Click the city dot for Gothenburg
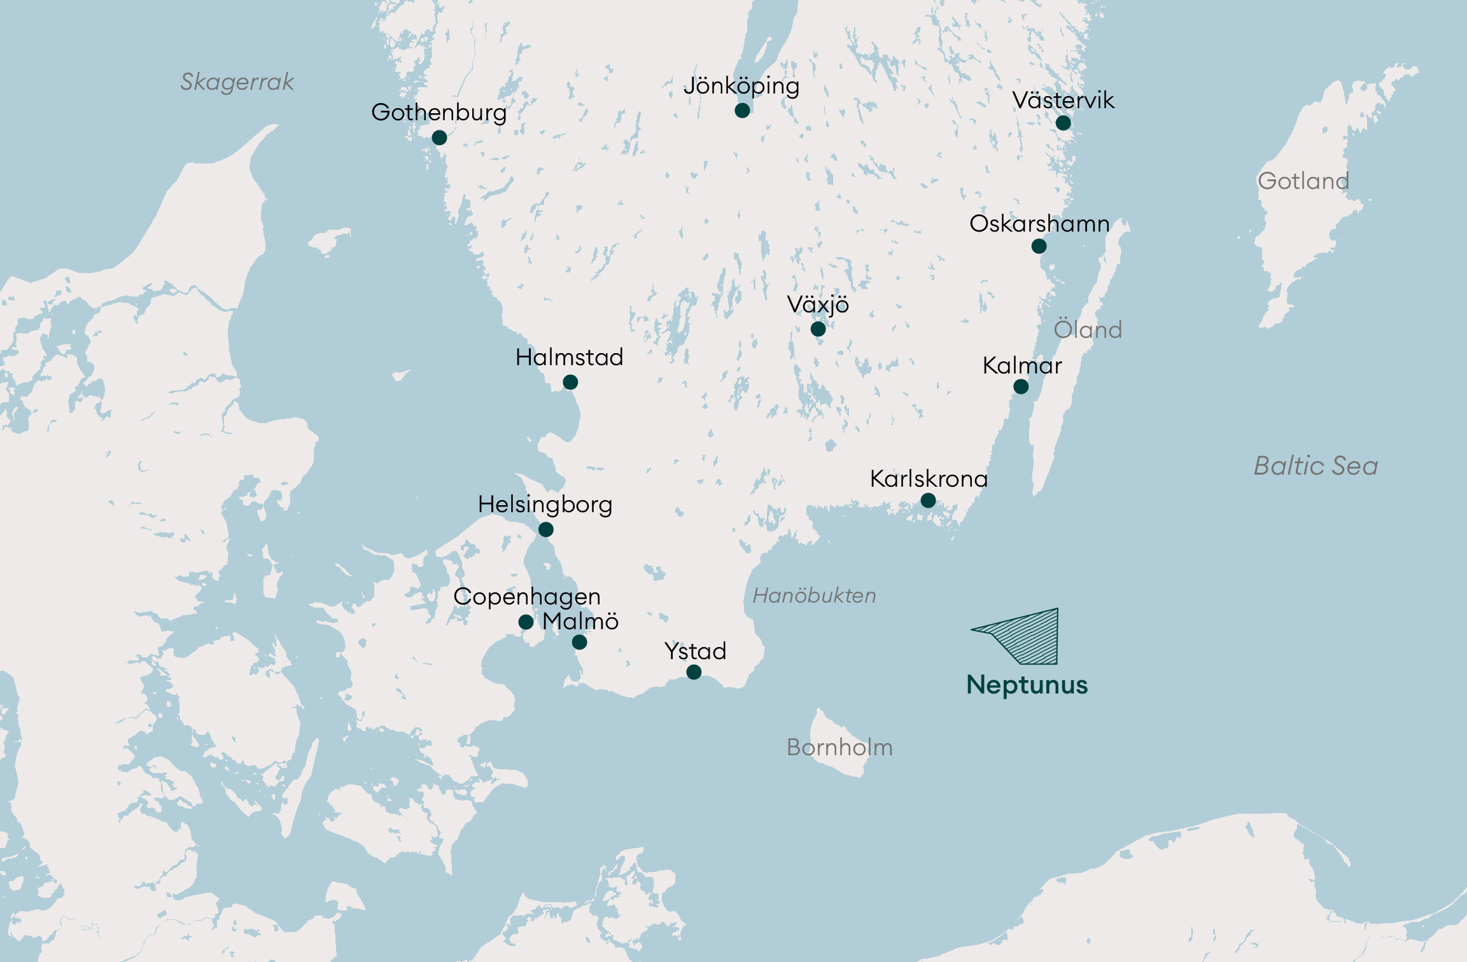pyautogui.click(x=439, y=137)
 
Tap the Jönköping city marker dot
pyautogui.click(x=742, y=111)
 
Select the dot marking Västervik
pyautogui.click(x=1063, y=123)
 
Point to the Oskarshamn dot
pyautogui.click(x=1039, y=246)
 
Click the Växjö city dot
pyautogui.click(x=818, y=329)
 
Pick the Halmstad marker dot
pyautogui.click(x=570, y=382)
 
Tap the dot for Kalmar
pyautogui.click(x=1021, y=387)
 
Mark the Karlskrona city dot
pyautogui.click(x=928, y=501)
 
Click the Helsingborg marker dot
pyautogui.click(x=545, y=529)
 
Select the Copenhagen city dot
pyautogui.click(x=526, y=622)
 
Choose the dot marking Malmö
pyautogui.click(x=579, y=643)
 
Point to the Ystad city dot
pyautogui.click(x=694, y=672)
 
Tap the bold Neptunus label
pyautogui.click(x=1027, y=685)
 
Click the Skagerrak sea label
pyautogui.click(x=237, y=82)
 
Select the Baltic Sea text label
pyautogui.click(x=1316, y=466)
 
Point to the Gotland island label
pyautogui.click(x=1303, y=181)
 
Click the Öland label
pyautogui.click(x=1088, y=330)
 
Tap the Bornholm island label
pyautogui.click(x=839, y=748)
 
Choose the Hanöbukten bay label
pyautogui.click(x=814, y=596)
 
